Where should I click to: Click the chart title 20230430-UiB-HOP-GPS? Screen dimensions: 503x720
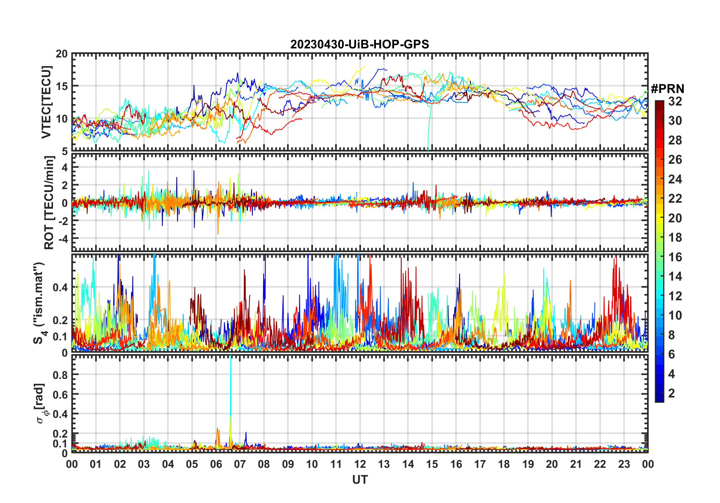[360, 45]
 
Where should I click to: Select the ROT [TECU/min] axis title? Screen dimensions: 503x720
[49, 203]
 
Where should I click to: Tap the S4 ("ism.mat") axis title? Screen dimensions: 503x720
[40, 303]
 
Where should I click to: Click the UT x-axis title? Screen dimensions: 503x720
[360, 480]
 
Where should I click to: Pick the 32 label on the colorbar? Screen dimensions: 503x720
[675, 101]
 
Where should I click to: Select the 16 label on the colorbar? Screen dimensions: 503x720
[675, 257]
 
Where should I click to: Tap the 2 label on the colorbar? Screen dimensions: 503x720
[672, 393]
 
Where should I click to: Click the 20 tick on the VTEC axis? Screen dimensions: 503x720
[62, 54]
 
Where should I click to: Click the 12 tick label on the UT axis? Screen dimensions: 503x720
[360, 464]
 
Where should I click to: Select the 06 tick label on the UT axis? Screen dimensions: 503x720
[216, 464]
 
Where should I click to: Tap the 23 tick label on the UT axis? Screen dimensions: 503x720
[624, 464]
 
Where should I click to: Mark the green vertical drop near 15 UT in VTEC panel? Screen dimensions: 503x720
[429, 129]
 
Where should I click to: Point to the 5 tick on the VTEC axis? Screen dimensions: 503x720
[64, 151]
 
